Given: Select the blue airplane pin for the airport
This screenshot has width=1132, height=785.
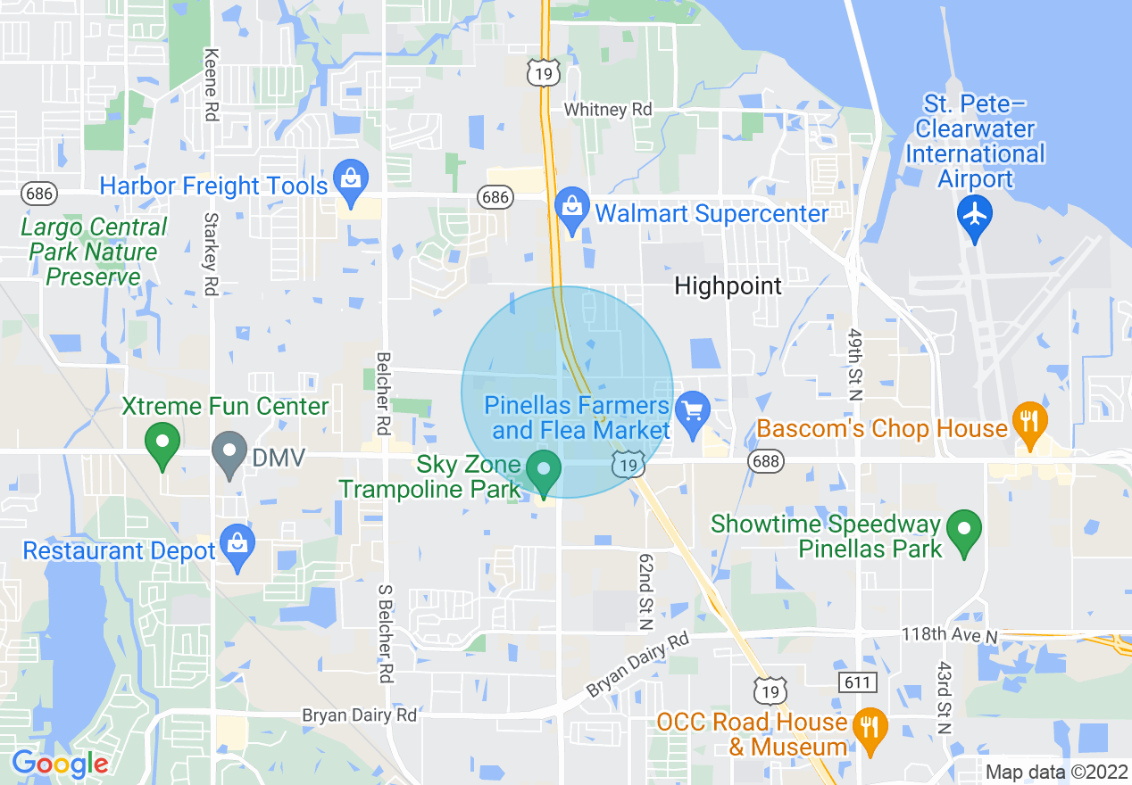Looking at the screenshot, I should (974, 218).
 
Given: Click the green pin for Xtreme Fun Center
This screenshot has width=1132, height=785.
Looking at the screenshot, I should (162, 444).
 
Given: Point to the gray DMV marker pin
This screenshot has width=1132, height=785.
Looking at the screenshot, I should (229, 452).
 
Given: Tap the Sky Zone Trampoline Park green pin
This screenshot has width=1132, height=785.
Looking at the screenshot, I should (543, 471).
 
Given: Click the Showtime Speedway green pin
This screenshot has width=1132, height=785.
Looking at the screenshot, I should (963, 531).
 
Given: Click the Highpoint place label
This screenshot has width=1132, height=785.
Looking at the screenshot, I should (728, 286).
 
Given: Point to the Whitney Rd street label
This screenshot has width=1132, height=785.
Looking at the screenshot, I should (608, 110).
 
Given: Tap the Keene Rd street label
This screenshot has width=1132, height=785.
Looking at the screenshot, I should (212, 85).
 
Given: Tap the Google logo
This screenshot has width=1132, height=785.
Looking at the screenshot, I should (60, 764).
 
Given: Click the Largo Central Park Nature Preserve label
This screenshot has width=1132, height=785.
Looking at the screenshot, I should (94, 252).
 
